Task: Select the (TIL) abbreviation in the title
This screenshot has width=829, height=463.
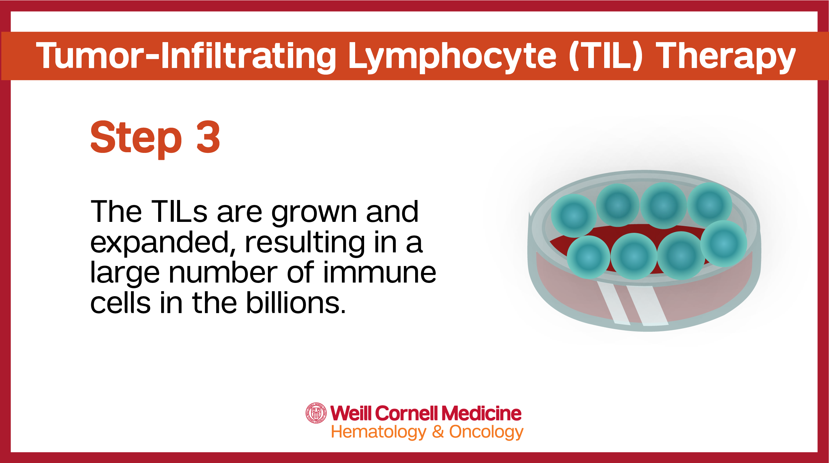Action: tap(606, 56)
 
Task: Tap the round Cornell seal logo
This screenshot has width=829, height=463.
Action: tap(316, 413)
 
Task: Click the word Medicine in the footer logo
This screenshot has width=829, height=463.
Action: tap(481, 413)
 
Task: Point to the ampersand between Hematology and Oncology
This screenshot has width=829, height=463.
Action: tap(438, 431)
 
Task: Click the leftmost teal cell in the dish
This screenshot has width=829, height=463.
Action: tap(574, 216)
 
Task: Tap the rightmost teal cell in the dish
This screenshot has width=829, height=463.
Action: tap(724, 244)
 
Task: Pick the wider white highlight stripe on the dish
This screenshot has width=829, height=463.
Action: tap(647, 305)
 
